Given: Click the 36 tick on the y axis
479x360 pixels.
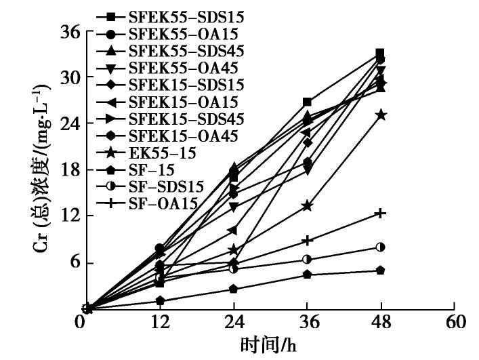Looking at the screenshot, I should coord(70,32).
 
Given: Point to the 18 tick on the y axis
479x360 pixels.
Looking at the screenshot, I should coord(70,170).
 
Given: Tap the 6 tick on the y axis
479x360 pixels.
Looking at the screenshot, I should coord(73,262).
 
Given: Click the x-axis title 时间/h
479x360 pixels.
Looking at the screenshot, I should coord(268,346).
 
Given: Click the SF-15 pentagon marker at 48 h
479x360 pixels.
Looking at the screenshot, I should coord(380,271).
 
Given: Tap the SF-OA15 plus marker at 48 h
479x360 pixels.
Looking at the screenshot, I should coord(381,214).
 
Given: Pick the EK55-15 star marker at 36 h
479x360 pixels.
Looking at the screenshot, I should coord(307,205).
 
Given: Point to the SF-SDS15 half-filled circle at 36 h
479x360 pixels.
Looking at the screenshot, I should coord(307,259).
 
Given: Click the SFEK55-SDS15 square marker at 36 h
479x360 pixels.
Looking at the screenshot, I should coord(307,102).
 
